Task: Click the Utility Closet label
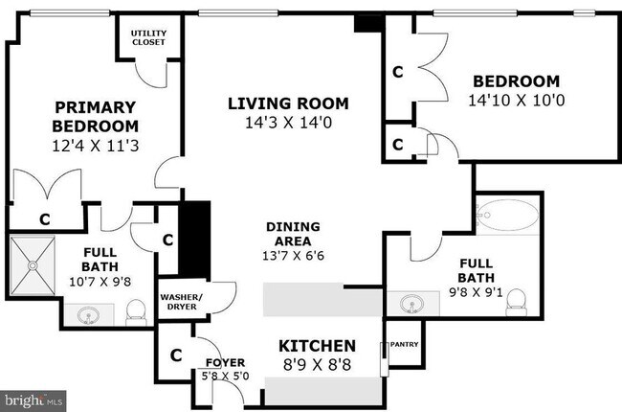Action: (x=147, y=37)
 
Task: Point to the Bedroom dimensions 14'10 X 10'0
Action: (x=512, y=100)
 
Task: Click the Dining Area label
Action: (x=293, y=234)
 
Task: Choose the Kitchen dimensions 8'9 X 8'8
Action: (x=317, y=365)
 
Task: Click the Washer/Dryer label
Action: (x=181, y=303)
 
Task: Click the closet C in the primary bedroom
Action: (x=44, y=218)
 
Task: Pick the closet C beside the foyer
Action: (x=175, y=355)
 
